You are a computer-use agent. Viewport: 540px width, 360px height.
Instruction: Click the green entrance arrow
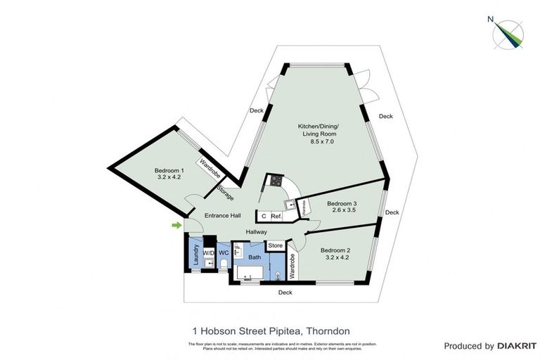coord(176,225)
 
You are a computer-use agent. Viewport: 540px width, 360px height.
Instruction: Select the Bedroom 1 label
coord(169,170)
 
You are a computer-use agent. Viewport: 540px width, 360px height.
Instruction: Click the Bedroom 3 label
coord(342,204)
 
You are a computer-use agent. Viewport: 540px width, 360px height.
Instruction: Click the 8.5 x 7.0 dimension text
coord(321,142)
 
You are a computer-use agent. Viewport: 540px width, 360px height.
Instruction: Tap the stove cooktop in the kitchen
coord(274,181)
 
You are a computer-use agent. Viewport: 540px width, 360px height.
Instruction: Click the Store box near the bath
coord(276,245)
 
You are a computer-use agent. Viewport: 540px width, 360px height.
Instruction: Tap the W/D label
coord(208,252)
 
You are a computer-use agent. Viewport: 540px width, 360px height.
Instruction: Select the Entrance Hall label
coord(223,215)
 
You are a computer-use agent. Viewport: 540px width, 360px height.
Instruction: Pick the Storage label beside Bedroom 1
coord(225,192)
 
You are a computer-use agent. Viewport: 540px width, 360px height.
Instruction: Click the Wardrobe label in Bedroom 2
coord(292,268)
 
